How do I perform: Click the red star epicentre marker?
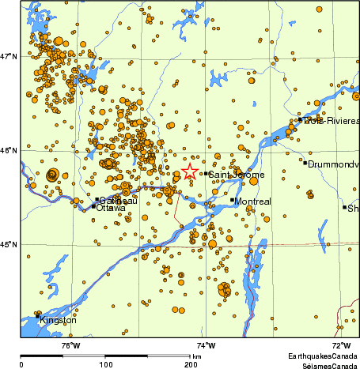tap(190, 172)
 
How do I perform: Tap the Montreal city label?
tap(252, 201)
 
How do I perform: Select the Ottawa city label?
tap(110, 208)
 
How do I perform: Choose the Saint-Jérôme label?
tap(237, 175)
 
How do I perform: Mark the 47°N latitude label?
tap(9, 56)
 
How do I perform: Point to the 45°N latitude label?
tap(9, 244)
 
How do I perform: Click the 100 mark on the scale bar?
tap(105, 365)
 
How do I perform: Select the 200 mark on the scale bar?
tap(191, 365)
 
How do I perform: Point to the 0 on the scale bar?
tap(21, 365)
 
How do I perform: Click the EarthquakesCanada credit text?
tap(320, 356)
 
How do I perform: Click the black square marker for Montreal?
tap(232, 200)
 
